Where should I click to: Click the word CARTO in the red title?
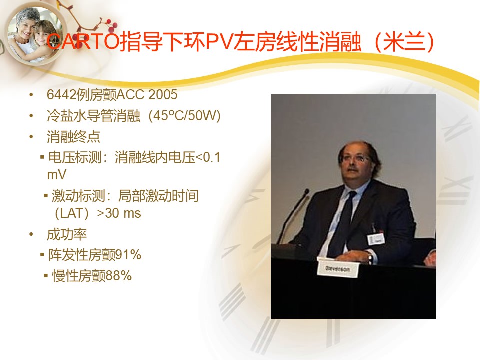click(83, 41)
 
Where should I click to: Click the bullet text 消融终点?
click(73, 137)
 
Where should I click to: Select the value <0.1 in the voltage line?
click(207, 157)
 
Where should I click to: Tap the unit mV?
click(57, 175)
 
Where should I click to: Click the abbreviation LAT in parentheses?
click(72, 213)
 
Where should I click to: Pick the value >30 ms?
click(119, 213)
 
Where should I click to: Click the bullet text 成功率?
click(67, 235)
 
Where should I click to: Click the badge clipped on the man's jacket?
click(376, 239)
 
